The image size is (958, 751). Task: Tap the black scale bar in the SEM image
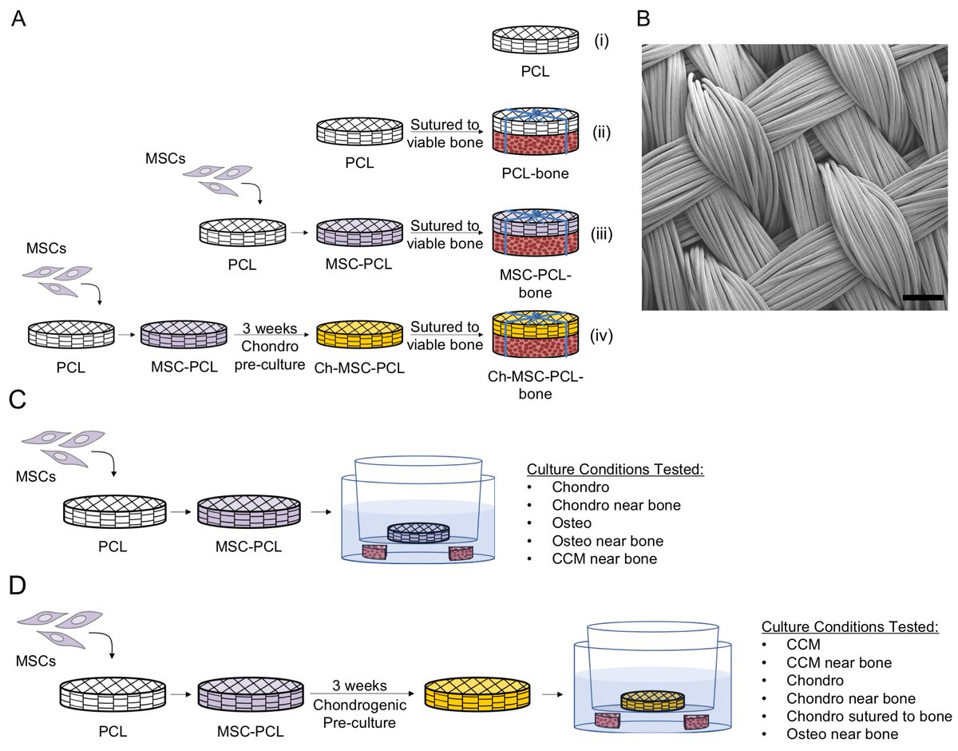924,297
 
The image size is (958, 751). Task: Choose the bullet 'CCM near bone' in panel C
604,559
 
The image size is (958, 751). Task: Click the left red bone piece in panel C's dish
374,553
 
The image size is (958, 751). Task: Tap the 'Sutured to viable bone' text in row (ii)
445,133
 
